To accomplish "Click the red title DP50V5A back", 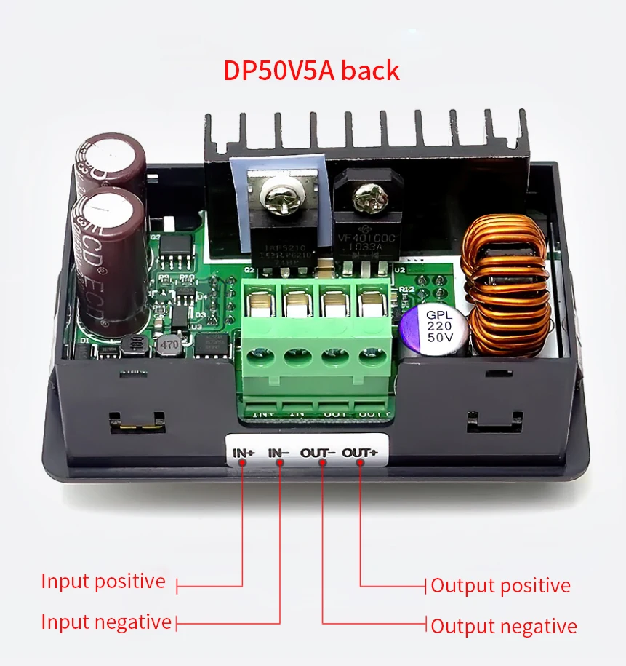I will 311,71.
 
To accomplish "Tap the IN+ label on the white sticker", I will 244,453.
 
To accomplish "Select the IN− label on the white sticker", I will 279,453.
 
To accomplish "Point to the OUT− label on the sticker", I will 318,453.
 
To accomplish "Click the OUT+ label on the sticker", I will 360,453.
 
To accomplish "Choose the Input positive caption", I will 103,582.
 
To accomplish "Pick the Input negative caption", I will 106,622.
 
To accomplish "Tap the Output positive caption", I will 500,585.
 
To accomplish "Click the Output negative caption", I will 504,626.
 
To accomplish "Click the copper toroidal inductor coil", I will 507,287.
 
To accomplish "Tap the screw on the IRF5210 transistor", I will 278,196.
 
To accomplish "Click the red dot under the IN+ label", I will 243,466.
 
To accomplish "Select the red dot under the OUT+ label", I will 360,466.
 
